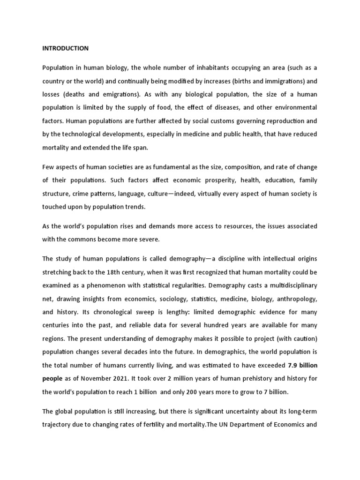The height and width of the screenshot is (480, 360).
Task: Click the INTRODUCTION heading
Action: coord(65,48)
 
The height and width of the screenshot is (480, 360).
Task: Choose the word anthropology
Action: coord(297,298)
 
